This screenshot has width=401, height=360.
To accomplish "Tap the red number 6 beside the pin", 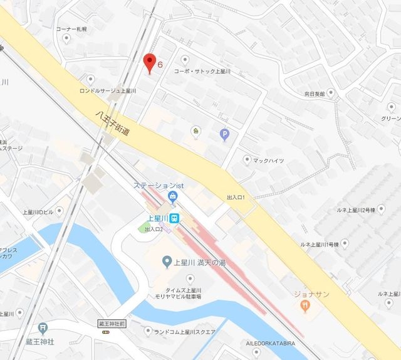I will (x=160, y=65).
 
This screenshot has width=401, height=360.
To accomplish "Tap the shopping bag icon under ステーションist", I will (x=173, y=198).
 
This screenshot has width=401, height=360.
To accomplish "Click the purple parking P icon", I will (x=224, y=134).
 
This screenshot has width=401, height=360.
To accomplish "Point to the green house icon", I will (x=196, y=131).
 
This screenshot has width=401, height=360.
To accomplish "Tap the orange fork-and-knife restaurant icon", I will (x=306, y=305).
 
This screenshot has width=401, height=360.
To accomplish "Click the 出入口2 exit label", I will (x=154, y=230).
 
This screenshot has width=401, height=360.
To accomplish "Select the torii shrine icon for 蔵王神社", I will (x=42, y=327).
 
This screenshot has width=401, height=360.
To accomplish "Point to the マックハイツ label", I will (x=268, y=161).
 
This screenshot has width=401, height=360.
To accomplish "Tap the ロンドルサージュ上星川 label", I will (x=108, y=91).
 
